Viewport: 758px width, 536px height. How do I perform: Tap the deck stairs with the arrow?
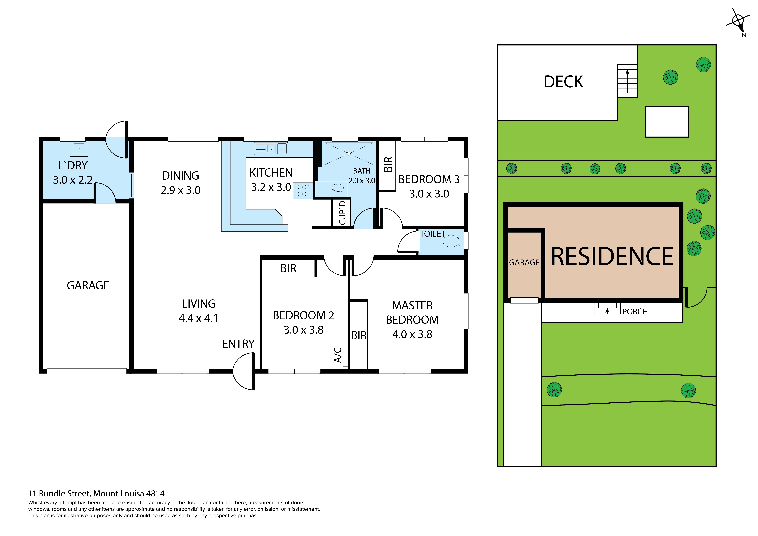(627, 81)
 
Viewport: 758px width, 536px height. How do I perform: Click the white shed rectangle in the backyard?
(667, 122)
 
